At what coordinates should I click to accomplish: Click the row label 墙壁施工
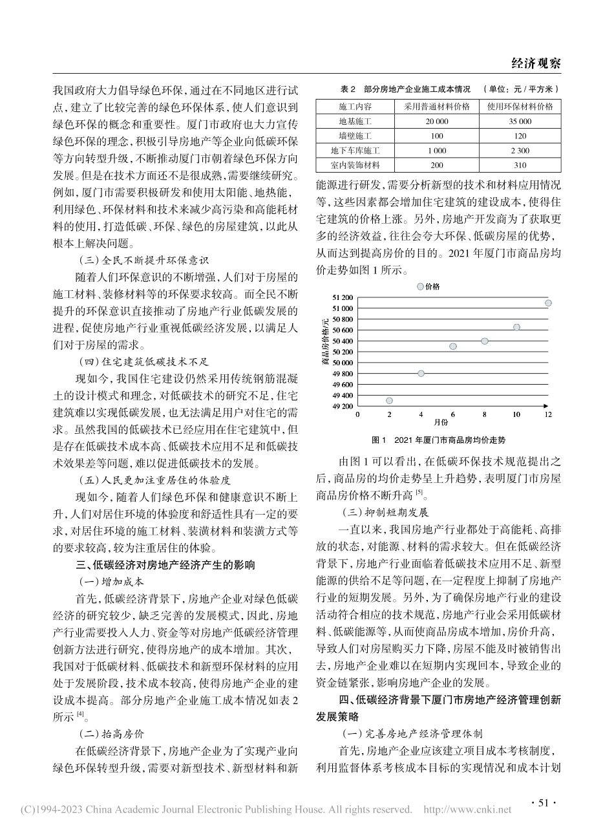(x=355, y=136)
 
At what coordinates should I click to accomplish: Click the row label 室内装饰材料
(x=355, y=166)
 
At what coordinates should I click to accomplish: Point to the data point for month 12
(x=548, y=303)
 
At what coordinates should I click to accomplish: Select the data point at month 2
(x=389, y=401)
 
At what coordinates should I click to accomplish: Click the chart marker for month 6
(x=453, y=347)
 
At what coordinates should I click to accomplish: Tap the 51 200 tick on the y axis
(x=342, y=297)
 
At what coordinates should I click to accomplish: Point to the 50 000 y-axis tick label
(x=342, y=363)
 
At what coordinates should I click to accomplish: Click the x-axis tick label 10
(x=516, y=414)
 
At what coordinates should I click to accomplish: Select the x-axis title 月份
(x=441, y=423)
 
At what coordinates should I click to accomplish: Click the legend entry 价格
(x=429, y=286)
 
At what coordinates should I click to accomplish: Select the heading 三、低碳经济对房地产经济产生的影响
(x=164, y=564)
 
